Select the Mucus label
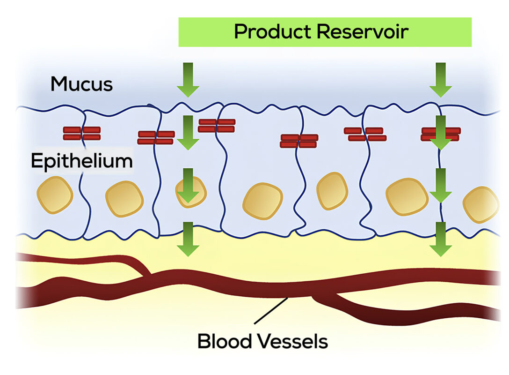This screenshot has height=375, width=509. pyautogui.click(x=81, y=84)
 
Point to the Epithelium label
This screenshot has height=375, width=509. pyautogui.click(x=81, y=161)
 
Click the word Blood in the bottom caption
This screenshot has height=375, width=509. pyautogui.click(x=225, y=341)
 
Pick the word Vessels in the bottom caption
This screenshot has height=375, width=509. pyautogui.click(x=294, y=341)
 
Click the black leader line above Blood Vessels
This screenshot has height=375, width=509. pyautogui.click(x=271, y=311)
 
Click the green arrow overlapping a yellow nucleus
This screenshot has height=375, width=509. pyautogui.click(x=188, y=186)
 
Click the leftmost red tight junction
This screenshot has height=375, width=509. pyautogui.click(x=82, y=134)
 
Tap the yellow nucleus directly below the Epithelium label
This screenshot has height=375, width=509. pyautogui.click(x=55, y=195)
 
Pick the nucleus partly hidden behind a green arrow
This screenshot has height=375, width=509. pyautogui.click(x=191, y=191)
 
